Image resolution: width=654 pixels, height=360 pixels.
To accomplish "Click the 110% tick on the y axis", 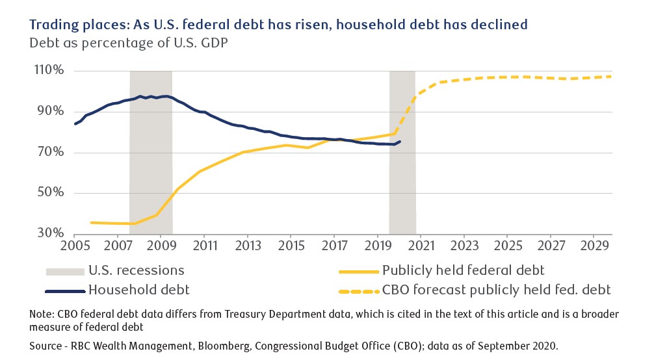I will pos(49,70).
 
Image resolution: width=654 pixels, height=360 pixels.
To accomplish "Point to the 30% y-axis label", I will pos(50,233).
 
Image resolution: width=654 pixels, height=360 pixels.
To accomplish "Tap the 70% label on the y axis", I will pos(50,153).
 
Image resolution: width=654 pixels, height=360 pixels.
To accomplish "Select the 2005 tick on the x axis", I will pos(74,248).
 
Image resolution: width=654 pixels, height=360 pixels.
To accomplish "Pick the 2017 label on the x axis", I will pos(334,248).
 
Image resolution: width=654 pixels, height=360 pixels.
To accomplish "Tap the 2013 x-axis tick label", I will pos(247,248).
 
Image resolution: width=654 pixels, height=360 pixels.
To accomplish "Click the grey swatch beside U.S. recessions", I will pos(65,270).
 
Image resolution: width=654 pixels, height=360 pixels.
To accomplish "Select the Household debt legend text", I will pos(141,289).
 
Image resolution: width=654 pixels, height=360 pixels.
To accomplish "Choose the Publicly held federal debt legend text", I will pos(464,270).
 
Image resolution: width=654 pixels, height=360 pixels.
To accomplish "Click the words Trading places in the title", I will pos(68,25).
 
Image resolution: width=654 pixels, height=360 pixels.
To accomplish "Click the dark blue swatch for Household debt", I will pos(65,289).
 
